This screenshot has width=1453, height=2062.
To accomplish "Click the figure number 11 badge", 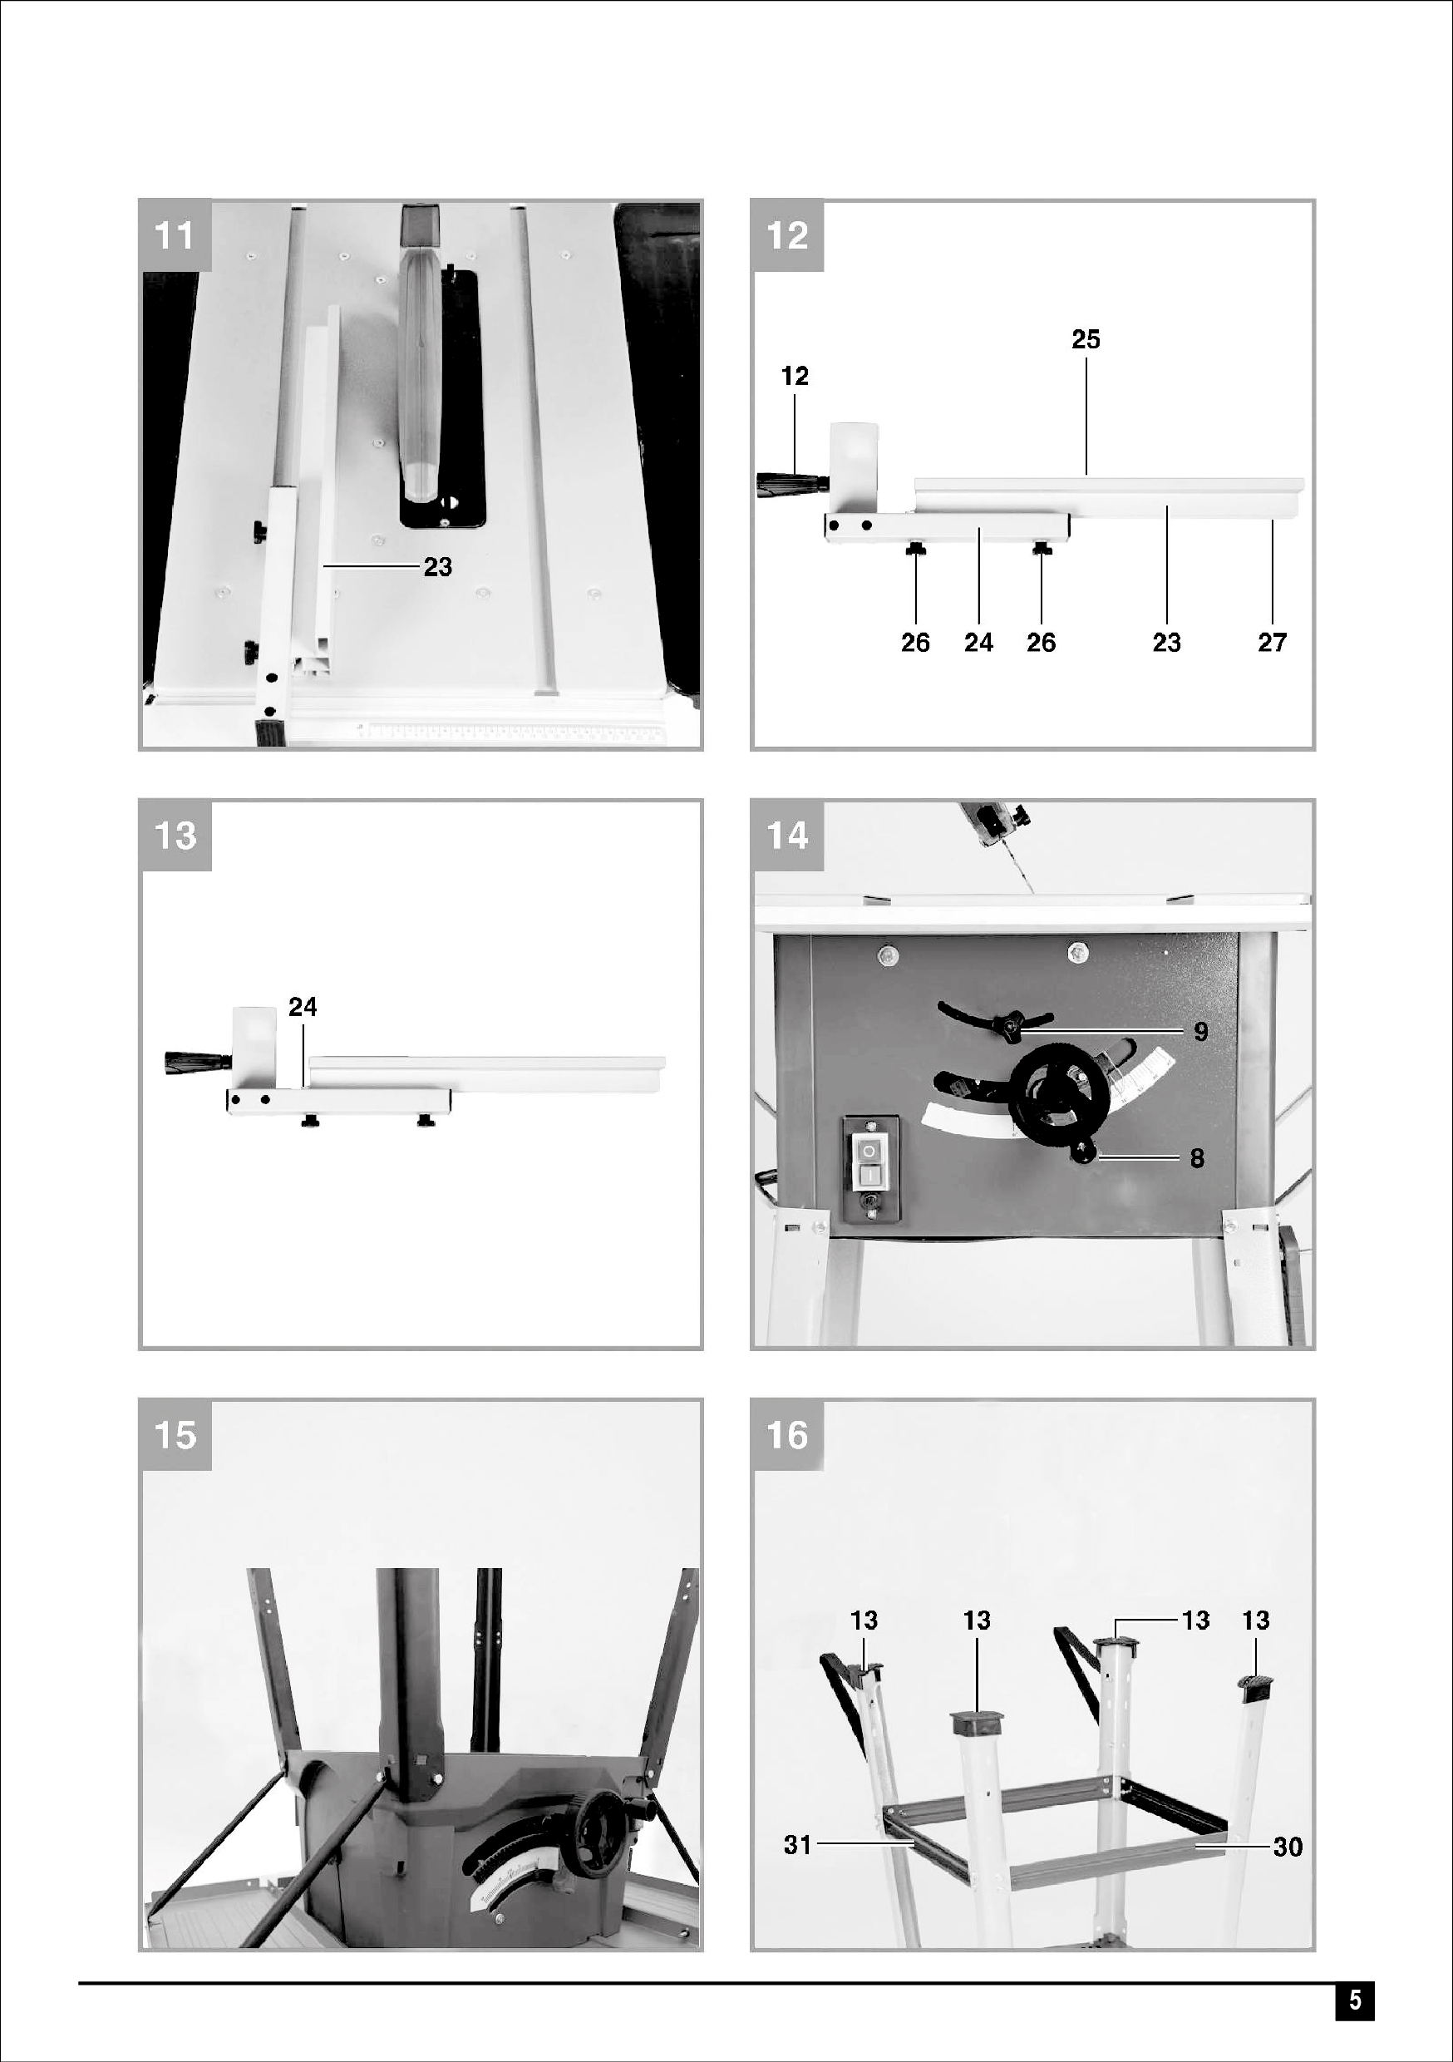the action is pos(175,235).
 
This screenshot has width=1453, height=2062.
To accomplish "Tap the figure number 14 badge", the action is pos(787,836).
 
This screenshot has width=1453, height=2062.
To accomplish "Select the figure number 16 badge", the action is pos(787,1434).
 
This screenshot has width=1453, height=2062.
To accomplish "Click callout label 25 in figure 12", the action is pos(1086,339).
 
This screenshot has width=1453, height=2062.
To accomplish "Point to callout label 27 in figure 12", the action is pos(1272,642).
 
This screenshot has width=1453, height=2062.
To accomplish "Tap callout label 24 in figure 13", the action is pos(303,1007).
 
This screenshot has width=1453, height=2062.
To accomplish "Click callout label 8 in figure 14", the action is pos(1197,1157).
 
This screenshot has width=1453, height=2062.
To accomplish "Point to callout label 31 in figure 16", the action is pos(797,1845).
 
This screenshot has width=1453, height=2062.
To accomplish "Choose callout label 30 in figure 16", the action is pos(1288,1847).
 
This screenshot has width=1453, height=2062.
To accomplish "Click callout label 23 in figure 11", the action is pos(437,567).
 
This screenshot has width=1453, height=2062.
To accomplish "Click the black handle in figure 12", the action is pos(791,483).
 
